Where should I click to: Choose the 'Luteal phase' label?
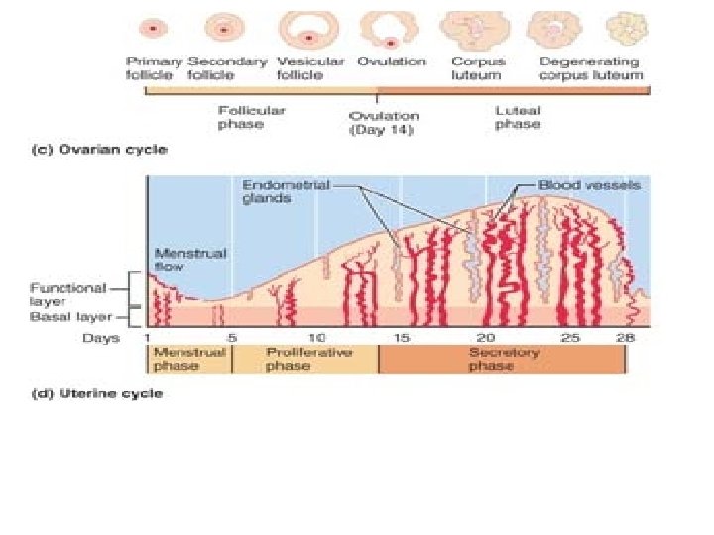click(x=518, y=117)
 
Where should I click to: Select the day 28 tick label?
click(x=625, y=338)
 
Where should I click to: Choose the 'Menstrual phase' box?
click(x=189, y=359)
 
